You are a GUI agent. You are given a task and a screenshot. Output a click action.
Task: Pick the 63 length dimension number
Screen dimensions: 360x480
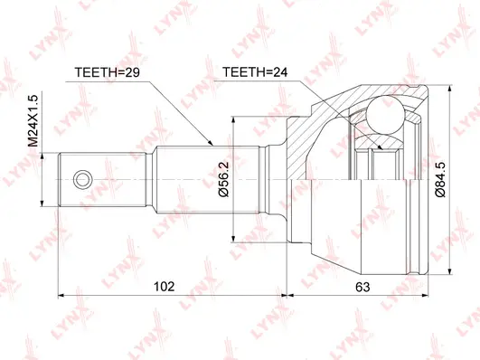[x=361, y=287]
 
